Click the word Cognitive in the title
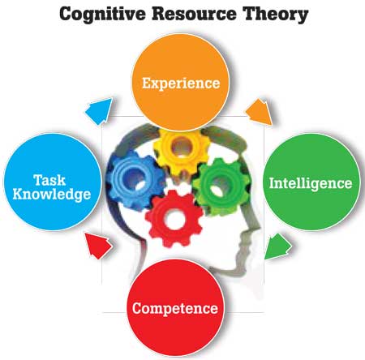pyautogui.click(x=102, y=15)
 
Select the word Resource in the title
pyautogui.click(x=194, y=14)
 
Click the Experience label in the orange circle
pyautogui.click(x=181, y=84)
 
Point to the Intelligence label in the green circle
pyautogui.click(x=311, y=183)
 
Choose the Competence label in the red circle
pyautogui.click(x=175, y=308)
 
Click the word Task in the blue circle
pyautogui.click(x=49, y=180)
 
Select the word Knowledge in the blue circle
pyautogui.click(x=52, y=195)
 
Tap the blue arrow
pyautogui.click(x=99, y=111)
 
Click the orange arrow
pyautogui.click(x=259, y=112)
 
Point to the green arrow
pyautogui.click(x=277, y=246)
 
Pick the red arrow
pyautogui.click(x=98, y=246)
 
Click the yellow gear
pyautogui.click(x=182, y=149)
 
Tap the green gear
pyautogui.click(x=221, y=186)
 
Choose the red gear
pyautogui.click(x=174, y=219)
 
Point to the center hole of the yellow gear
pyautogui.click(x=182, y=148)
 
